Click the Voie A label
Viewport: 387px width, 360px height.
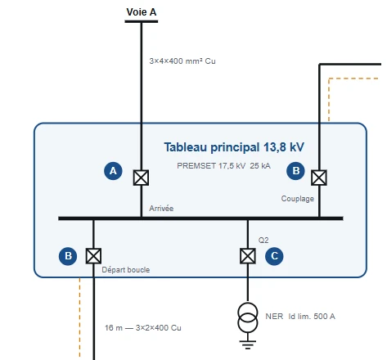(x=142, y=12)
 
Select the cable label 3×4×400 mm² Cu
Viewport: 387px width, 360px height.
(x=182, y=61)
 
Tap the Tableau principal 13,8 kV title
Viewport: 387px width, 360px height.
(x=234, y=147)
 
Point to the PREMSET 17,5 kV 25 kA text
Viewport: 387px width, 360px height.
(x=223, y=165)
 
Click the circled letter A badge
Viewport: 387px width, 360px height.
(x=113, y=171)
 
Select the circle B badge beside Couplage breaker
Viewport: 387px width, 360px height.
(x=295, y=171)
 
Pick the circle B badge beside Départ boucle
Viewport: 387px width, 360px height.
(x=68, y=256)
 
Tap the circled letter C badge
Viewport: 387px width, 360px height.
(x=274, y=256)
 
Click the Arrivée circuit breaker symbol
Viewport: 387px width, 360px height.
(x=141, y=178)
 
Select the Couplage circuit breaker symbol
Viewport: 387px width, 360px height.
(x=319, y=178)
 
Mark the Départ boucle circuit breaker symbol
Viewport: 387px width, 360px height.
(x=93, y=256)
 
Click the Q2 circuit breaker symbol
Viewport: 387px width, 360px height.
(x=248, y=256)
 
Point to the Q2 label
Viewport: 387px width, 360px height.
(x=263, y=241)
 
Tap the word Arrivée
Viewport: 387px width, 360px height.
(x=161, y=209)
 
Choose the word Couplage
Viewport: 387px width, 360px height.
(x=298, y=199)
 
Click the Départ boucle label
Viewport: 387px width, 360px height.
(x=126, y=270)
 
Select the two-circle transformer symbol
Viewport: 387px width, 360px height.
(x=248, y=317)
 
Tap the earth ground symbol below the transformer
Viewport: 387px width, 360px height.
(x=248, y=344)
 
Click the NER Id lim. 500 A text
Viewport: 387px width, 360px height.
(x=300, y=317)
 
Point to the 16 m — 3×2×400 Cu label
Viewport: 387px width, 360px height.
(x=143, y=327)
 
